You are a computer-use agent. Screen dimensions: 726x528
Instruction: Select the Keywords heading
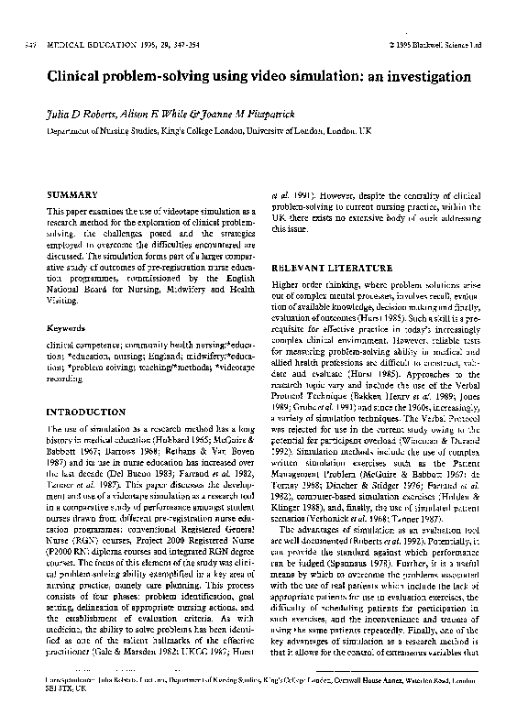67,327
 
